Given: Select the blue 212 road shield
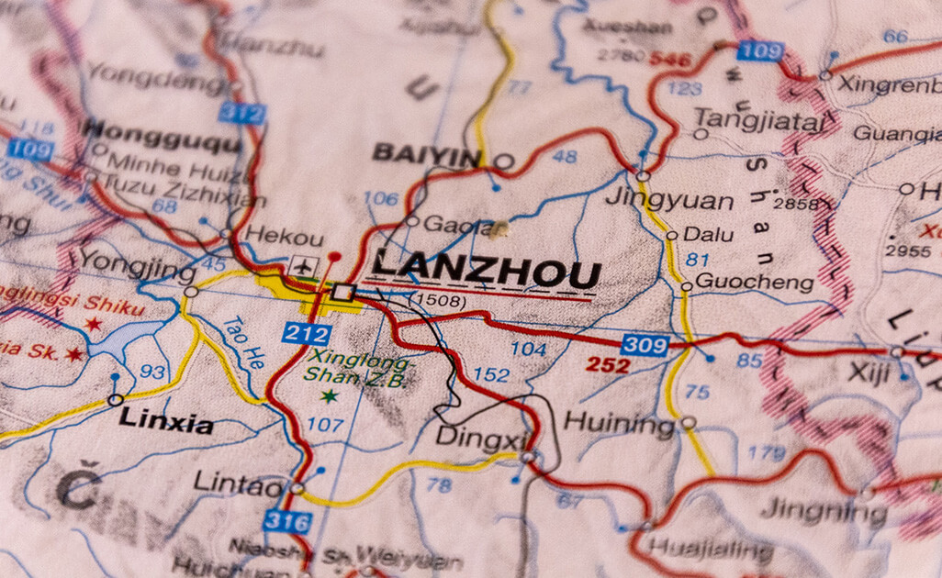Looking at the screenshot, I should (x=306, y=333).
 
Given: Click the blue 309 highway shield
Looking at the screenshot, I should (x=645, y=345).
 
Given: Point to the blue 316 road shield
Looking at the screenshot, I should (x=287, y=521).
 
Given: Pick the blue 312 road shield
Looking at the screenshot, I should (x=241, y=113).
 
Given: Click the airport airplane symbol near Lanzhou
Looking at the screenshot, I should (x=301, y=266).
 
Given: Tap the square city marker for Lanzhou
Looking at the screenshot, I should (x=343, y=293).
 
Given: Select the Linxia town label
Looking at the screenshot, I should (x=166, y=423).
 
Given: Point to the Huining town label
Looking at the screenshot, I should (x=619, y=424).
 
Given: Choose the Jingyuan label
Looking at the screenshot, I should (x=669, y=201).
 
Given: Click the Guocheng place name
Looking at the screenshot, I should (x=754, y=282).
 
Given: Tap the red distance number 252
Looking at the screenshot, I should (x=608, y=365).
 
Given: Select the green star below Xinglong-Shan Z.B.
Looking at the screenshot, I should (x=328, y=396).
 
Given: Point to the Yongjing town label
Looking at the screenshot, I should (x=137, y=265).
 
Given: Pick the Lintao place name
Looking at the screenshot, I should (x=239, y=484).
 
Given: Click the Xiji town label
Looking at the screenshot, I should (x=867, y=372).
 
